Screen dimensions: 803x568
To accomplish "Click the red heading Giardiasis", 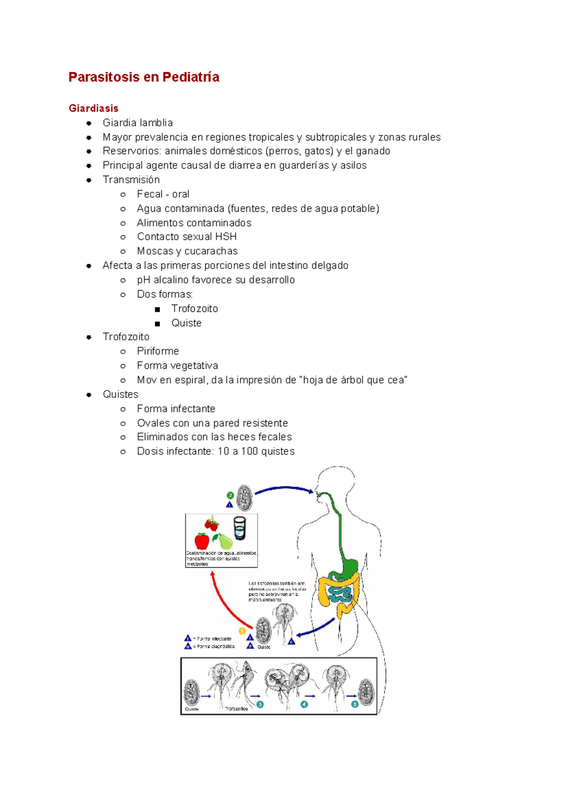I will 93,108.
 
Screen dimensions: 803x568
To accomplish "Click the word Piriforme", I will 158,351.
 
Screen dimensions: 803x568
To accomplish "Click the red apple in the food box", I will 202,541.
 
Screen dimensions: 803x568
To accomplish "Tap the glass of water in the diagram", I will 240,528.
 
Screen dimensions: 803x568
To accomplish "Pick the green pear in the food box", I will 224,541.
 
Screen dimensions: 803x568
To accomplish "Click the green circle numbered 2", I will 231,495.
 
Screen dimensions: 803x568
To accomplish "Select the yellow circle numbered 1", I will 242,631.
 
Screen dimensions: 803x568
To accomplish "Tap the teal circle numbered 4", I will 304,704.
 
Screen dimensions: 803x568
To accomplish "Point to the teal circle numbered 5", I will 355,704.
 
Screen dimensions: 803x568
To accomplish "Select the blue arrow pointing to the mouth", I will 284,489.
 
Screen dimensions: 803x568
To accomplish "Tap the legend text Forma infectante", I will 213,639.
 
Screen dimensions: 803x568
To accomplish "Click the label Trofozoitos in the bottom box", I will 236,709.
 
